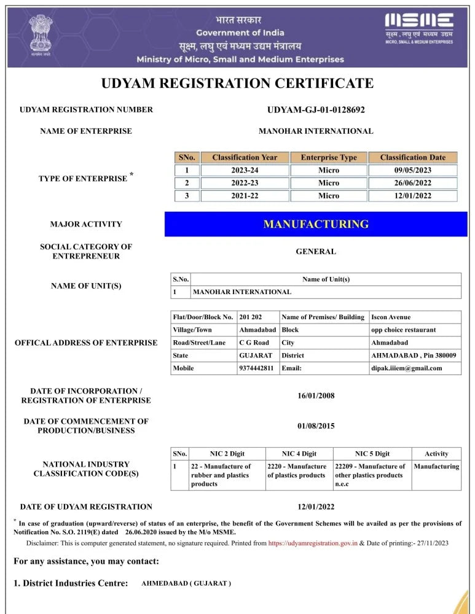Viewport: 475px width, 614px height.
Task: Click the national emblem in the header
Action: (41, 35)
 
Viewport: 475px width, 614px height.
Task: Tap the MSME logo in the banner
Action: (419, 28)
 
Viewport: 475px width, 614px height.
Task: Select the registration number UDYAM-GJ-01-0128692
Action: (316, 110)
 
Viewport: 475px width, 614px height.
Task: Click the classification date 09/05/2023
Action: (412, 170)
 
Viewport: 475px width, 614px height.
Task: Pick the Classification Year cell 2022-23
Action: (245, 183)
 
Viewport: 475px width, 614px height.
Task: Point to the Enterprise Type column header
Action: (328, 157)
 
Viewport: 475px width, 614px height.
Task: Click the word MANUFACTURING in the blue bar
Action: (316, 224)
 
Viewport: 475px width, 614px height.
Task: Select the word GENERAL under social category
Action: (316, 251)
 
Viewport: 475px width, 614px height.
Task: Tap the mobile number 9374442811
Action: (256, 368)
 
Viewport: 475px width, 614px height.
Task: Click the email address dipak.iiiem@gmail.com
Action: (406, 368)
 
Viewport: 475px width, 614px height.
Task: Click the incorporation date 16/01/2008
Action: (316, 395)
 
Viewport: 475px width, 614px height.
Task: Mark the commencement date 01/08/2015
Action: (316, 426)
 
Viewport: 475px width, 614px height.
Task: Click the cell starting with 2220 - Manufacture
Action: (297, 471)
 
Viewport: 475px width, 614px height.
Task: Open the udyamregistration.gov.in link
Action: (313, 543)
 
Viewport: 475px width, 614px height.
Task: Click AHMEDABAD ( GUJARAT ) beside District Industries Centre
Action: (186, 583)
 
